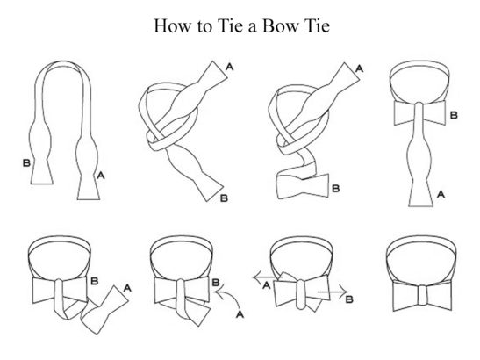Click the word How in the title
(x=172, y=25)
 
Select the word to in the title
(x=204, y=26)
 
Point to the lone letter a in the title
(x=252, y=27)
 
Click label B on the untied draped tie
(x=26, y=162)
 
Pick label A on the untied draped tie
(x=101, y=176)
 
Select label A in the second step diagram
(x=230, y=67)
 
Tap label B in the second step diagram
(x=224, y=198)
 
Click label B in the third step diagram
(x=336, y=188)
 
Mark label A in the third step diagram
(x=360, y=68)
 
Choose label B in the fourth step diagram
(x=454, y=115)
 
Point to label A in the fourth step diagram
(x=441, y=194)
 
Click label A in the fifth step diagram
(x=127, y=288)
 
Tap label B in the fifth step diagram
(x=95, y=281)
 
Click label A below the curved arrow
(x=240, y=314)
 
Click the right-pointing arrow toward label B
(x=333, y=292)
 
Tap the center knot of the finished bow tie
(x=422, y=295)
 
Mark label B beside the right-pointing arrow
(x=349, y=299)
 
